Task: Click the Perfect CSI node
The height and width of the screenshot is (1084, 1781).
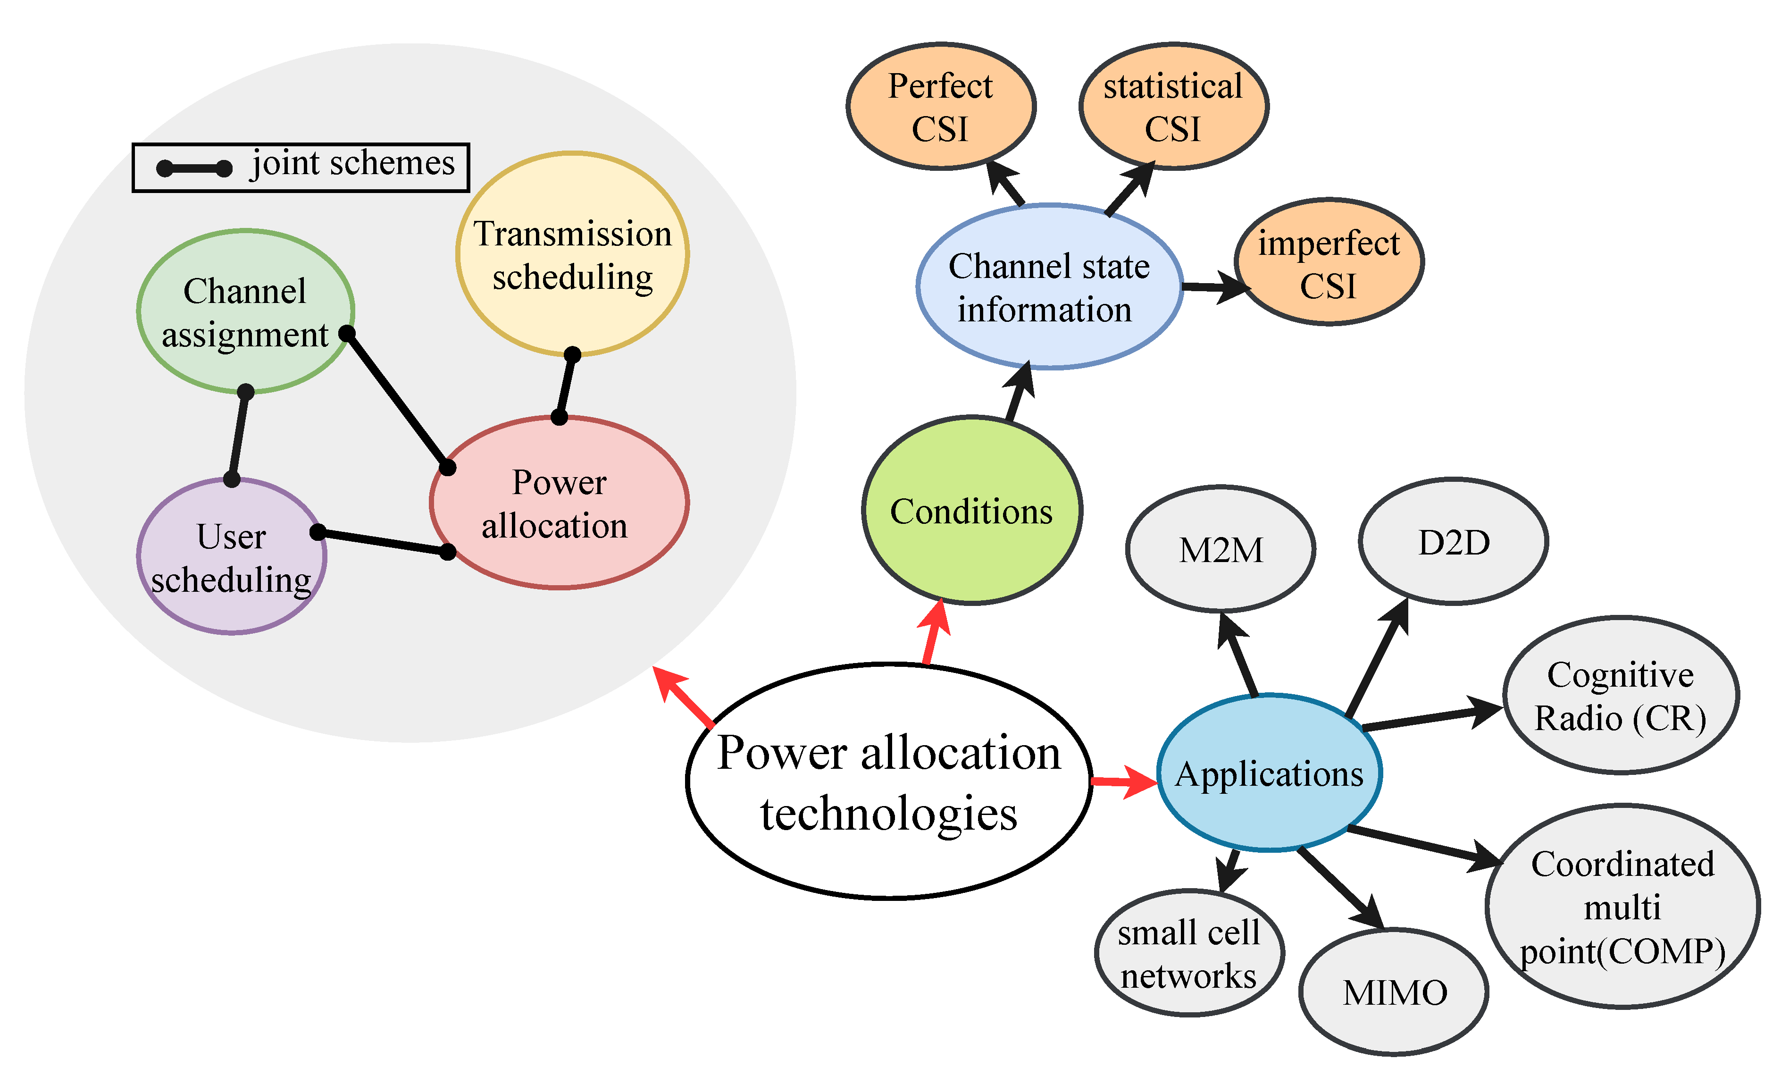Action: pyautogui.click(x=940, y=106)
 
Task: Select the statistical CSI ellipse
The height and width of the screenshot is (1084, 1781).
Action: pyautogui.click(x=1173, y=106)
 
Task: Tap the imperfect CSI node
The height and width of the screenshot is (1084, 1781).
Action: pyautogui.click(x=1329, y=262)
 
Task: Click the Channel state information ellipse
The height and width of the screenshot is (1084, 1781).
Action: pyautogui.click(x=1049, y=287)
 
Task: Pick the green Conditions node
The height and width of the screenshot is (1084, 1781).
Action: pyautogui.click(x=971, y=511)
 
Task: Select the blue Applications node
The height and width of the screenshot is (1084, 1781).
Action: pyautogui.click(x=1269, y=773)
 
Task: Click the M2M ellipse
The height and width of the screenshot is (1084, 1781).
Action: pyautogui.click(x=1221, y=550)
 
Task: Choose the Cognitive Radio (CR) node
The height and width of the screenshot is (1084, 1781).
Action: pyautogui.click(x=1621, y=696)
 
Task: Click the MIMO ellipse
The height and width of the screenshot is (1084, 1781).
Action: pyautogui.click(x=1394, y=992)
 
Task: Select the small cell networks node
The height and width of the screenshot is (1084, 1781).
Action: pyautogui.click(x=1189, y=953)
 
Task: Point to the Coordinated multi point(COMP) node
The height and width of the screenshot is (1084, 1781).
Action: pyautogui.click(x=1622, y=906)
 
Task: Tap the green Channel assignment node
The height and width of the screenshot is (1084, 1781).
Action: pyautogui.click(x=246, y=311)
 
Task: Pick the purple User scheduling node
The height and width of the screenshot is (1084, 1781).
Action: pyautogui.click(x=231, y=556)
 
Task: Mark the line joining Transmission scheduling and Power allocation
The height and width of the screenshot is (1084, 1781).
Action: pyautogui.click(x=566, y=386)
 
